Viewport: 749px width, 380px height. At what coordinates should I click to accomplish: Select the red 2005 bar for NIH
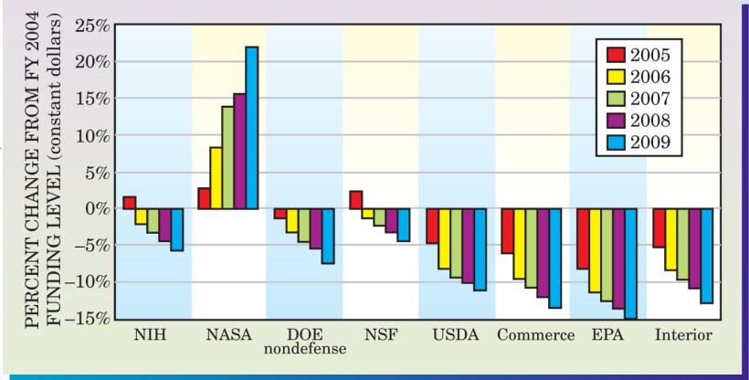(x=129, y=203)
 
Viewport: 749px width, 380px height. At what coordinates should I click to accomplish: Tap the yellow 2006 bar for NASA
(x=216, y=178)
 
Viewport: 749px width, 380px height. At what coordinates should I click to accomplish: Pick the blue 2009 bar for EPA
(x=630, y=264)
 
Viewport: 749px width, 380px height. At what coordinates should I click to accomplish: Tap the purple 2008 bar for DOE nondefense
(x=316, y=228)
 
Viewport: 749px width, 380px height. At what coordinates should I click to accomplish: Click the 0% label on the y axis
(x=97, y=208)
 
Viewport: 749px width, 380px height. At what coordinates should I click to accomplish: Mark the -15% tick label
(x=88, y=319)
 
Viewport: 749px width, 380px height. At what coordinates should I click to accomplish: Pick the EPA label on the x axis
(x=605, y=334)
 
